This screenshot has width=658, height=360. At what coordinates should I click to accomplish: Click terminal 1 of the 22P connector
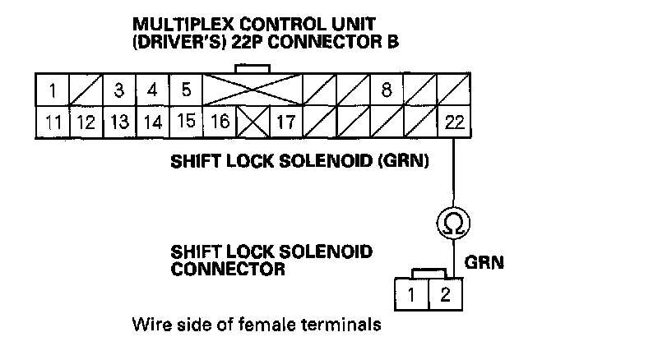[52, 89]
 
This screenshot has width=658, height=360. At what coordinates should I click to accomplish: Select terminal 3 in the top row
[118, 89]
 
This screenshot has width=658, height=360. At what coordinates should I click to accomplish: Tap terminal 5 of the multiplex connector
[186, 89]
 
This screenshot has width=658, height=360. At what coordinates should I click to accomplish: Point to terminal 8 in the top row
[386, 89]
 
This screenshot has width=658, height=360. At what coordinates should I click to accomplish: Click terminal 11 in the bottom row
[52, 123]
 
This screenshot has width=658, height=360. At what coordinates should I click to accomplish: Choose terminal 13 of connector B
[118, 123]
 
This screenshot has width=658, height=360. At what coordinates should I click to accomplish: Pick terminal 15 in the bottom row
[186, 123]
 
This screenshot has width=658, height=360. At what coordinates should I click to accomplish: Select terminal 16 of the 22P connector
[219, 123]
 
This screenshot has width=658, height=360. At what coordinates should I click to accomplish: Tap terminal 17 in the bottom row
[285, 123]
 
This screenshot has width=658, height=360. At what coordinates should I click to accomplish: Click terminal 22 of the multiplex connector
[453, 123]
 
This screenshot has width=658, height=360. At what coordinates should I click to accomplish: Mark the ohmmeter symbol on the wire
[453, 222]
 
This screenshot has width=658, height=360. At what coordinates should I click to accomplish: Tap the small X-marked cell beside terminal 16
[252, 123]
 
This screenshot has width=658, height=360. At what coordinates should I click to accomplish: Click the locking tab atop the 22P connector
[253, 67]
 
